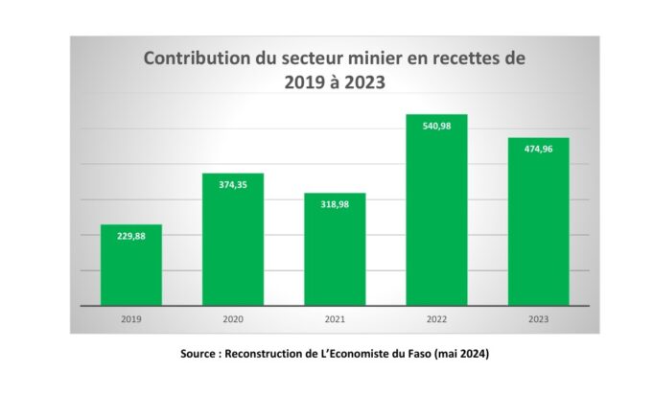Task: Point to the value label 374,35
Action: pos(233,183)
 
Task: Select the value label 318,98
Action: pos(335,203)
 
